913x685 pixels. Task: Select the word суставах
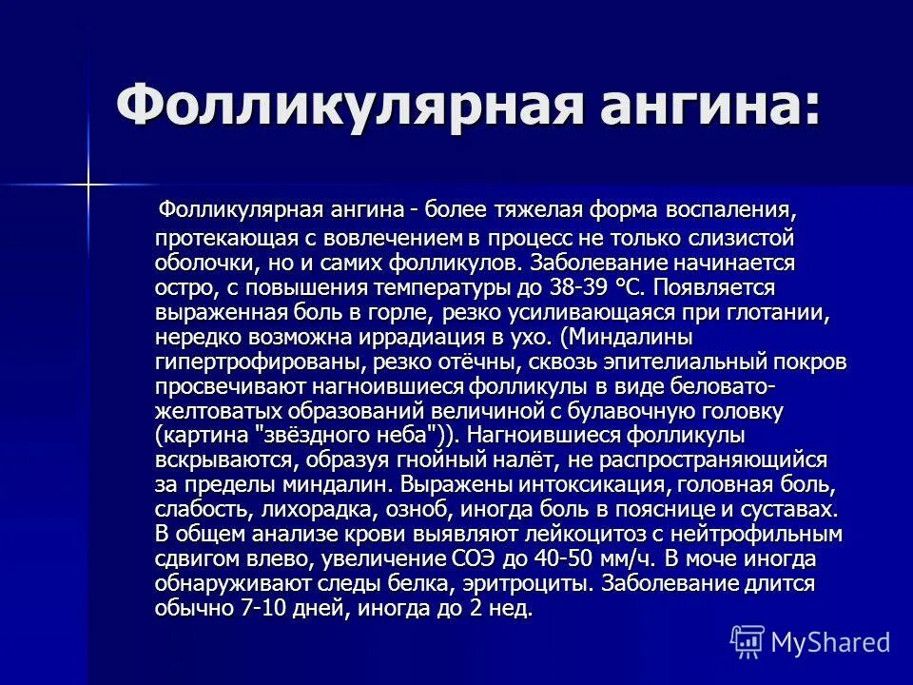788,509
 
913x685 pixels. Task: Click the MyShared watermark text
829,641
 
